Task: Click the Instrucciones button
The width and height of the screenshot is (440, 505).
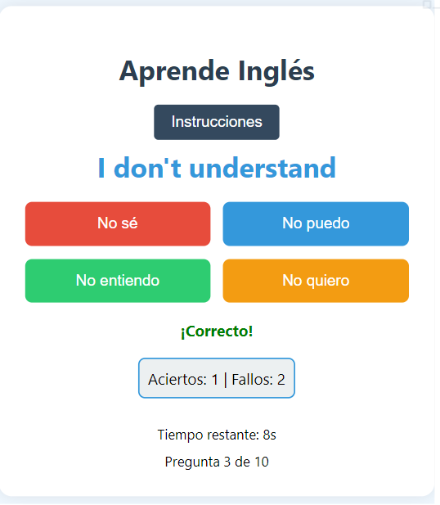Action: [x=216, y=122]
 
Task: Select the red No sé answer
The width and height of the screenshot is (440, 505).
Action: [x=118, y=223]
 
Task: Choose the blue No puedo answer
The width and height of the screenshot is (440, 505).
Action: [x=316, y=223]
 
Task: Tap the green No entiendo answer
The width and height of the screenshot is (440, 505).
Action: [x=118, y=281]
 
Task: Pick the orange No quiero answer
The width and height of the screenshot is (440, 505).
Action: [x=316, y=281]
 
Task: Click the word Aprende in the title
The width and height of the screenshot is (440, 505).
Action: [x=174, y=72]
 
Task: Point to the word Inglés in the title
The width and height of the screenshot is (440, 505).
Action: [x=276, y=72]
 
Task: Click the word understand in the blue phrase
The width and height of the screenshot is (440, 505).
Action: [x=263, y=168]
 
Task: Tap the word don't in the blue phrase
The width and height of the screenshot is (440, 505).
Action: [x=147, y=168]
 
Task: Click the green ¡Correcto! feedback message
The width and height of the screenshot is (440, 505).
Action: [x=217, y=331]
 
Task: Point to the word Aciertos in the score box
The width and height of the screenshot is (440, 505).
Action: [x=177, y=380]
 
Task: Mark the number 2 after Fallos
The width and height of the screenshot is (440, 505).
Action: [x=281, y=380]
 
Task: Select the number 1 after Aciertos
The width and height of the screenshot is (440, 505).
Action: [x=215, y=380]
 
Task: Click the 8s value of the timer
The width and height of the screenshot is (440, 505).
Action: [x=269, y=435]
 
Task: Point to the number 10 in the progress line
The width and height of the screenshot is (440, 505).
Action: [x=262, y=462]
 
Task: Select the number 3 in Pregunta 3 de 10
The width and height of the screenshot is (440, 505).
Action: [x=227, y=462]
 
